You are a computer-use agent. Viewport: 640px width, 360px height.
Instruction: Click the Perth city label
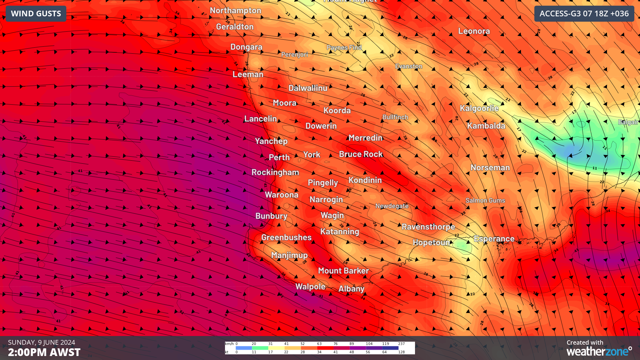click(279, 157)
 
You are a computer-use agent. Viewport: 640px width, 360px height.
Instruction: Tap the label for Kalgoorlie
click(479, 108)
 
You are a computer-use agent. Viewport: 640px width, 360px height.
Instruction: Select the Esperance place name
click(494, 239)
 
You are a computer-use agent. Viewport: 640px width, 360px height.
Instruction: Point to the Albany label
click(351, 289)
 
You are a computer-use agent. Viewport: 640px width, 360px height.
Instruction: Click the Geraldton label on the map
click(235, 27)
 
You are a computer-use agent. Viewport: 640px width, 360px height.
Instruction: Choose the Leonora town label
click(474, 31)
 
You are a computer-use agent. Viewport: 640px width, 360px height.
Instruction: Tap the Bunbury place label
click(271, 216)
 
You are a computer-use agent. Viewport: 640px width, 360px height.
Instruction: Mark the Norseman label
click(490, 167)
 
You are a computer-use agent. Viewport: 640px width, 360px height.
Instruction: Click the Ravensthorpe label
click(428, 227)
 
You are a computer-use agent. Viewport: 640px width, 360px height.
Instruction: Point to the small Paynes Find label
click(344, 47)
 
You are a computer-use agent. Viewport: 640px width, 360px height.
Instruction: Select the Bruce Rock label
click(361, 154)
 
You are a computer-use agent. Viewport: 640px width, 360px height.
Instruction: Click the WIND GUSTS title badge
click(36, 14)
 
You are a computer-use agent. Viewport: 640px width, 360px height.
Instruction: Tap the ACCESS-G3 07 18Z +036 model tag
click(584, 14)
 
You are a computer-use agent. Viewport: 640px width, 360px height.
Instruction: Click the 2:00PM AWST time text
click(44, 352)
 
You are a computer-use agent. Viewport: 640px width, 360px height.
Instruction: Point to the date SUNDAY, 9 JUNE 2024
click(41, 342)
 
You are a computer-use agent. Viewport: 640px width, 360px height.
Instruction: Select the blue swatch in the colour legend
click(244, 348)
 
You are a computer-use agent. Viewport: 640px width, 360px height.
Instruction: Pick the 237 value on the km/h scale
click(401, 344)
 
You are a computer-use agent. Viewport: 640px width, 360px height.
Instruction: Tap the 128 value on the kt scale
click(401, 352)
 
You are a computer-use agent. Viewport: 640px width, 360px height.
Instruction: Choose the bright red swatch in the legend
click(325, 348)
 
